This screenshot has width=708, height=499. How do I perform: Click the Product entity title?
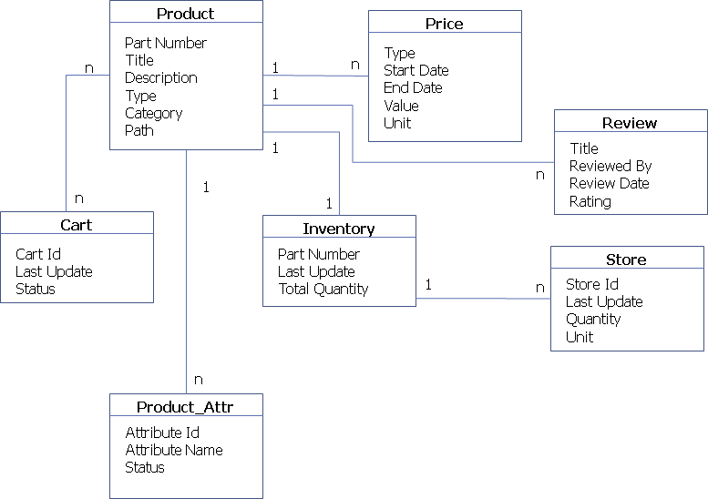[186, 14]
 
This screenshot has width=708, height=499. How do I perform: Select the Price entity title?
[445, 24]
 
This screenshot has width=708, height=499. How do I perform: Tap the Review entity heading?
[630, 123]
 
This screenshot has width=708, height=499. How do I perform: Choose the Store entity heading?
[627, 260]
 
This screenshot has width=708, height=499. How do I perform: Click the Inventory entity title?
[339, 229]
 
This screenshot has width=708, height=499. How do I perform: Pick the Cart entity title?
[77, 225]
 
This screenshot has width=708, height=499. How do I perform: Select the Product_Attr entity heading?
[185, 407]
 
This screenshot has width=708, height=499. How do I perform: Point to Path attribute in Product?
[139, 131]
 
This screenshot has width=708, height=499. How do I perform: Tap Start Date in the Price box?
[416, 71]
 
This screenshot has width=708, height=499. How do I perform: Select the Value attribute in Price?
[402, 106]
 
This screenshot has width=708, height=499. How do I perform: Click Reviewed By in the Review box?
[611, 166]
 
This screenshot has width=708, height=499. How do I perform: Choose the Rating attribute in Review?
[590, 201]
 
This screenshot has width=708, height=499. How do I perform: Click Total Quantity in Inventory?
[323, 290]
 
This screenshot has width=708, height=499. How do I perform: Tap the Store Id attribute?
[592, 284]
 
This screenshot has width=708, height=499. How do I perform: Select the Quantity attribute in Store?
[593, 320]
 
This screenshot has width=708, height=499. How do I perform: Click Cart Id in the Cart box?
[38, 254]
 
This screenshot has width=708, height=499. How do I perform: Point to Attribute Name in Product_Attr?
[174, 450]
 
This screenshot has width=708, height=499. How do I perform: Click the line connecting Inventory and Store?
[483, 298]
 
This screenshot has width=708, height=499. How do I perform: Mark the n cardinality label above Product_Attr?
[199, 380]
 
